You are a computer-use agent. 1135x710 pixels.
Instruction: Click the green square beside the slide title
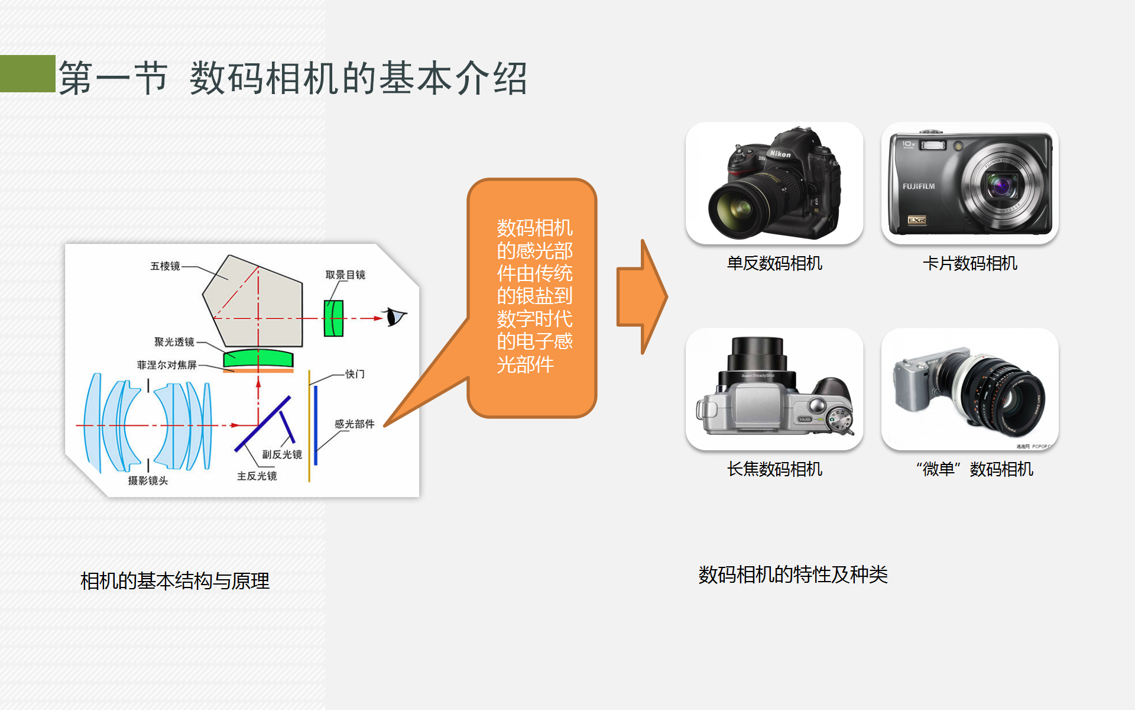[27, 73]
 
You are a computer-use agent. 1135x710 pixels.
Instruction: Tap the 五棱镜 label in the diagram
[165, 266]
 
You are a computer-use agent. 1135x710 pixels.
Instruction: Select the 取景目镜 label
[345, 275]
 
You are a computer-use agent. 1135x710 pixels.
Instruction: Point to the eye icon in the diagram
[394, 317]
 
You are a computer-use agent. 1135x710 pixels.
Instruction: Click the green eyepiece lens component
[333, 318]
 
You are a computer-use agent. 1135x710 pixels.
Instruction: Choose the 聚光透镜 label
[174, 342]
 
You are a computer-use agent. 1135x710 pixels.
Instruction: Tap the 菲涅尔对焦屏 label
[167, 365]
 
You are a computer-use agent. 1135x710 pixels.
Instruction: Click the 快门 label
[355, 374]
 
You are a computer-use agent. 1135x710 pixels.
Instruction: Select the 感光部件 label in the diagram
[354, 424]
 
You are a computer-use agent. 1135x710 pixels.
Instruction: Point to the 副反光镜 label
[282, 454]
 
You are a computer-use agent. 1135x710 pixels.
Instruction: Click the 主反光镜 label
[257, 476]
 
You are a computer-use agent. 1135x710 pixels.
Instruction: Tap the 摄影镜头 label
[148, 480]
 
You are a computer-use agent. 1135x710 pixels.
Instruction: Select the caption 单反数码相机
[774, 263]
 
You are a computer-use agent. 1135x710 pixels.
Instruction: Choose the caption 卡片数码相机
[970, 263]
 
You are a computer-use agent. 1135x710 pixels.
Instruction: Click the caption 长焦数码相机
[774, 469]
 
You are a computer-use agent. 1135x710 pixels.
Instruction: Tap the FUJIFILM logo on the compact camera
[919, 186]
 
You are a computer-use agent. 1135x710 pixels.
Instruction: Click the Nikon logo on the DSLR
[780, 154]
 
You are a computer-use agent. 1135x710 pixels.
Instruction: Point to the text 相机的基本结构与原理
[175, 581]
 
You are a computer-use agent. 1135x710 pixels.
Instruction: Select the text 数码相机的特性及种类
[793, 575]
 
